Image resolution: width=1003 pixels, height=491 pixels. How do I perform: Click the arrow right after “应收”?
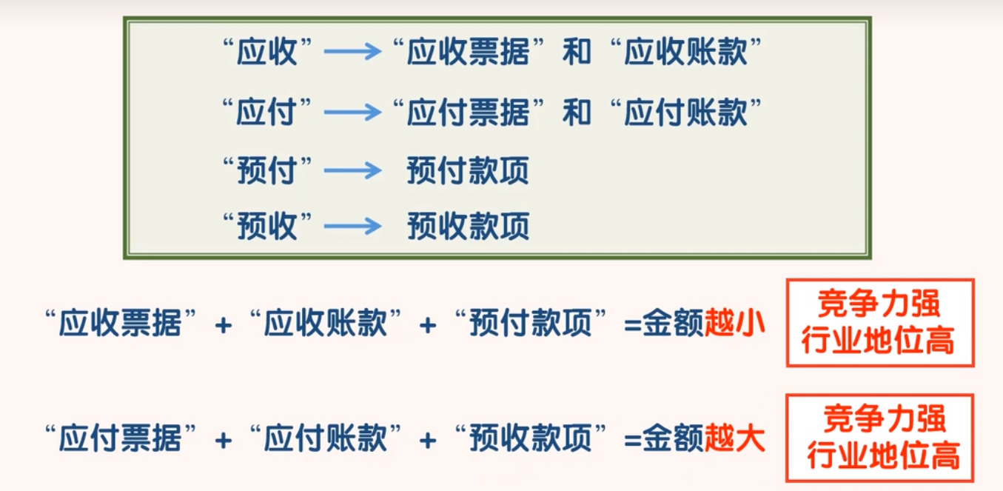(352, 52)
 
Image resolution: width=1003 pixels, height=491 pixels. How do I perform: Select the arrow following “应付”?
(352, 113)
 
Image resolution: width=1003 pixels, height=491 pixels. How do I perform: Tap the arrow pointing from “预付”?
(352, 172)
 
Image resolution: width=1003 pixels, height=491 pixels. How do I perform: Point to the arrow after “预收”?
(352, 227)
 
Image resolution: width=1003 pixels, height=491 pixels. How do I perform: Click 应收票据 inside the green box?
(468, 52)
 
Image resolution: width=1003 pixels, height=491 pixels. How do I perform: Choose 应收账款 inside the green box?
(685, 52)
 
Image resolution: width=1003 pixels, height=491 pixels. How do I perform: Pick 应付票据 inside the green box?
(468, 113)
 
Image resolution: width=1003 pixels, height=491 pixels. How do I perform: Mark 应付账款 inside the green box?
(685, 113)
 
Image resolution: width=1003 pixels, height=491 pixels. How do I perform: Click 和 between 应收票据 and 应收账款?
(577, 52)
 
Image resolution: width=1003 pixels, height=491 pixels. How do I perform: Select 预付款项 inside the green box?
(468, 172)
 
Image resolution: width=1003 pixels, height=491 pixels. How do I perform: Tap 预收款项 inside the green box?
(468, 227)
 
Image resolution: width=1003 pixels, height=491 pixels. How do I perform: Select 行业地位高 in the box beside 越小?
(880, 342)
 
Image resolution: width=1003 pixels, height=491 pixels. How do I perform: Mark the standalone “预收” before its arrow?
(266, 227)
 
